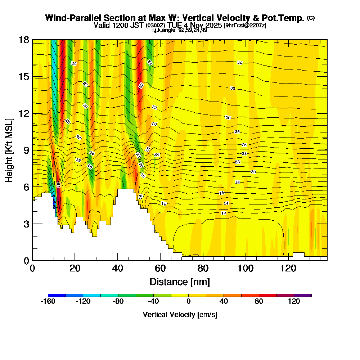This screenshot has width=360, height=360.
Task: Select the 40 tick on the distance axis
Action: pos(118,269)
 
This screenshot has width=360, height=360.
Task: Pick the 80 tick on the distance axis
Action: pos(203,269)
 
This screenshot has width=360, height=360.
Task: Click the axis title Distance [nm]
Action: pos(180,282)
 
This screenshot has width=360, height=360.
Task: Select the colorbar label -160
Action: pos(48,302)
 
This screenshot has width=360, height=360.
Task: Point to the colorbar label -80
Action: pos(118,302)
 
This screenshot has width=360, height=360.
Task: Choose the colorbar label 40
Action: pos(224,302)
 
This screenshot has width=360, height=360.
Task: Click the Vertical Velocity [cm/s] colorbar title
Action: pos(180,315)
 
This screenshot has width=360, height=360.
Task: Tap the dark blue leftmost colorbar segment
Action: pos(57,295)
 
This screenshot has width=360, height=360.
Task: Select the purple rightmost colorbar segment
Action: pos(303,295)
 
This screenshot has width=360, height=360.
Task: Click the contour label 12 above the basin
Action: pos(224,213)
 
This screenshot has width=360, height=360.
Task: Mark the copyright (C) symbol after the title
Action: pos(311,18)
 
